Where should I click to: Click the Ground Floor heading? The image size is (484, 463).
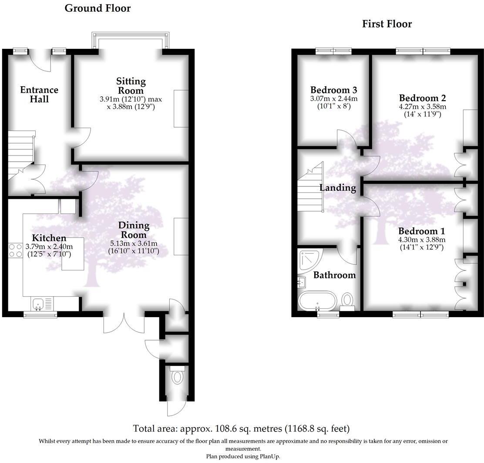pos(97,8)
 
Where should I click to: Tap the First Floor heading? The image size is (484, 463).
pos(387,24)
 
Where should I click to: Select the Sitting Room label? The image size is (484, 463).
pos(131,86)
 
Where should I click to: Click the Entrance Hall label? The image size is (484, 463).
pos(39,95)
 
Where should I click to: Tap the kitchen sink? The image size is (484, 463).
pos(38,302)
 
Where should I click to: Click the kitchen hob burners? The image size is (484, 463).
pos(16,250)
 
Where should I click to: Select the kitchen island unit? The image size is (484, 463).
pos(73,253)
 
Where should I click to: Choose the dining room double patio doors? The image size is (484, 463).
pos(124,323)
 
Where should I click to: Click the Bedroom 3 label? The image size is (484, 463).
pos(333,90)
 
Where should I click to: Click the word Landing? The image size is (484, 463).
pos(338,188)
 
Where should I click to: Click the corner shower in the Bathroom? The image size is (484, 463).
pos(309,260)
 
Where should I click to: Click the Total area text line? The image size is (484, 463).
pos(241,429)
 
